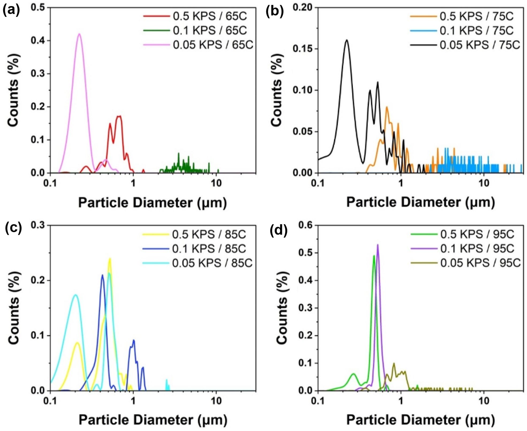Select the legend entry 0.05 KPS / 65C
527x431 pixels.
tap(213, 45)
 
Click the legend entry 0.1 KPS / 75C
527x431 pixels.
tap(476, 30)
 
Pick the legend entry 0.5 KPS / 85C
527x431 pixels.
tap(209, 234)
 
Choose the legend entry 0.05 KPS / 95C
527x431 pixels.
tap(480, 263)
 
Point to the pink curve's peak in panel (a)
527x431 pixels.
tap(79, 34)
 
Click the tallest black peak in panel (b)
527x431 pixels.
tap(347, 40)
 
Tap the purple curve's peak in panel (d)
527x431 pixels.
tap(378, 245)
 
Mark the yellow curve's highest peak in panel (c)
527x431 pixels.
tap(109, 259)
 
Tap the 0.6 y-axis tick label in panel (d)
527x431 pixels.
tap(305, 225)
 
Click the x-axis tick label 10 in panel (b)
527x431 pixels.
tap(483, 183)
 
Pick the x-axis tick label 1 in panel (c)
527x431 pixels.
tap(133, 401)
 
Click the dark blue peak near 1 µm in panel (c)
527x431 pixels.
tap(134, 340)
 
